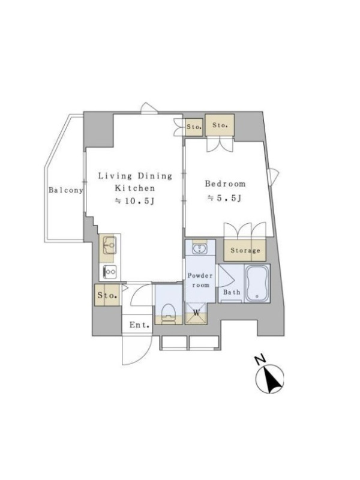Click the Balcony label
(66, 190)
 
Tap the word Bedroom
(226, 184)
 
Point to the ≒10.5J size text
(134, 201)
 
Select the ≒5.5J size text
(226, 199)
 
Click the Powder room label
(200, 280)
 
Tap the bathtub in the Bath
(257, 283)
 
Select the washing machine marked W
(196, 313)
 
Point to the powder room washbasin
(200, 248)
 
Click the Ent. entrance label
(140, 325)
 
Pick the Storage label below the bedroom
(245, 250)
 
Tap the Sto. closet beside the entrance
(107, 295)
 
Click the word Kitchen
(134, 188)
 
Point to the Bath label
(232, 292)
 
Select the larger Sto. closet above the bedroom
(220, 125)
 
